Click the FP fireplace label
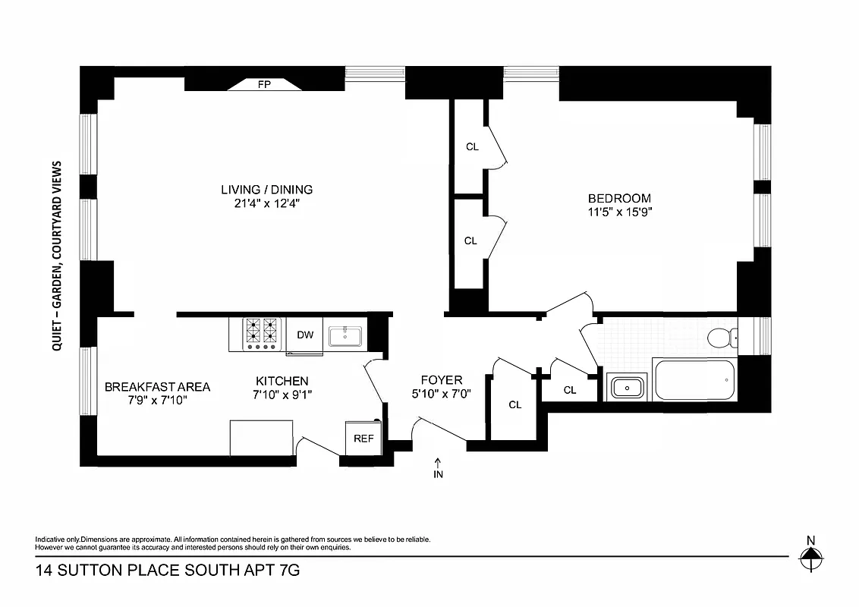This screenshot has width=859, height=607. pyautogui.click(x=265, y=85)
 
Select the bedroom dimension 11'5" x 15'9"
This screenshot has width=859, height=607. pyautogui.click(x=614, y=212)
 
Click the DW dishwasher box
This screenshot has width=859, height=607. pyautogui.click(x=305, y=335)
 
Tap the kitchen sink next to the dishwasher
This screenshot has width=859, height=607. pyautogui.click(x=346, y=335)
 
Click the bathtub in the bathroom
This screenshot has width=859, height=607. pyautogui.click(x=694, y=379)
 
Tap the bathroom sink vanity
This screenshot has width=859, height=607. pyautogui.click(x=627, y=388)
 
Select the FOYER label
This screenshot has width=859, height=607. pyautogui.click(x=442, y=380)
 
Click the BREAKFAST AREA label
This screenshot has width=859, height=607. pyautogui.click(x=157, y=386)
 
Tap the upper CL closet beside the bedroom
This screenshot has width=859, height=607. pyautogui.click(x=472, y=147)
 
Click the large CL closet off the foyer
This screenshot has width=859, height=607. pyautogui.click(x=514, y=404)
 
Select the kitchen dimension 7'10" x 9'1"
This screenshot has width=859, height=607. pyautogui.click(x=282, y=394)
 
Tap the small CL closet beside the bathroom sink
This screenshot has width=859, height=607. pyautogui.click(x=570, y=390)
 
